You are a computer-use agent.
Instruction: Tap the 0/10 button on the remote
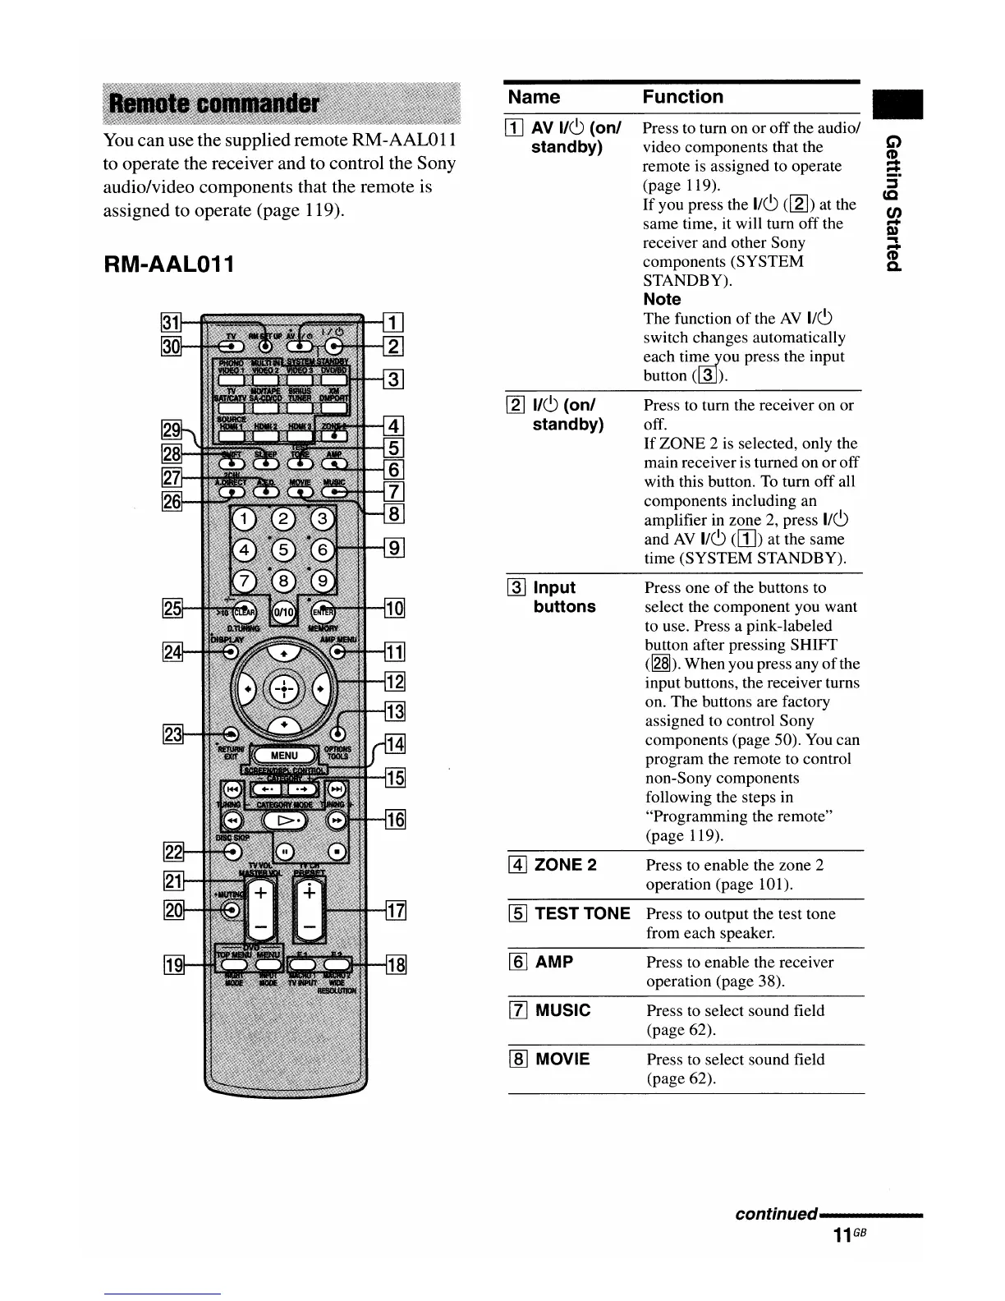click(x=284, y=612)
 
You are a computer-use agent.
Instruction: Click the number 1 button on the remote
click(x=246, y=518)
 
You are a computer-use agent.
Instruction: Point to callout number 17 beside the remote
click(x=395, y=910)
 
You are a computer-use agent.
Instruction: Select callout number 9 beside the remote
click(x=395, y=547)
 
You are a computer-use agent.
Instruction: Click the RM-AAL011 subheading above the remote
click(x=168, y=264)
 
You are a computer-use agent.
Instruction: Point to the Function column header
click(x=683, y=97)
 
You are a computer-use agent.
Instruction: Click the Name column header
click(x=534, y=97)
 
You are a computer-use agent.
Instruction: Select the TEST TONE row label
click(x=582, y=913)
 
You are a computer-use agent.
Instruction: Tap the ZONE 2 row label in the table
click(x=565, y=865)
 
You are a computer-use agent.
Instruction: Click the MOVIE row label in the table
click(x=562, y=1059)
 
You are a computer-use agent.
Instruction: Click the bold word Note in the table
click(x=662, y=299)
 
